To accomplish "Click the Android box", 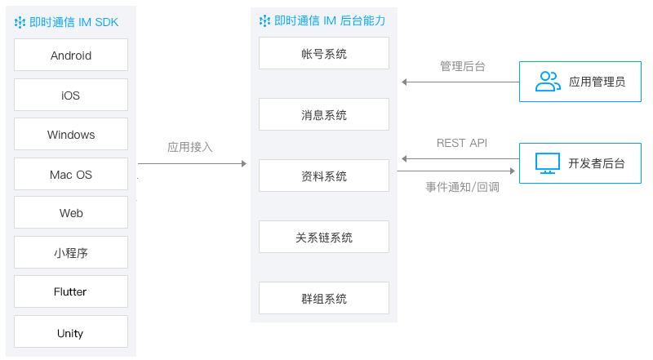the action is [71, 55].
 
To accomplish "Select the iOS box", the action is [71, 95].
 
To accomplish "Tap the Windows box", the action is [71, 134].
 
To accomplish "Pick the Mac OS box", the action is [71, 174].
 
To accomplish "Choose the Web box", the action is [71, 212].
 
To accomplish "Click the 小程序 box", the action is [71, 252].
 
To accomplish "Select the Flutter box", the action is [71, 291].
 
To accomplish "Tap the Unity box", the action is [71, 331].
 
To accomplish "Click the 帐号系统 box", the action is [324, 53].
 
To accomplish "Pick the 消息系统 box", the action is [324, 114].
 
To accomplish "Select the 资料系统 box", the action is [324, 176].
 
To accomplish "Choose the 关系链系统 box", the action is [324, 237].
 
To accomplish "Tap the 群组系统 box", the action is [324, 298].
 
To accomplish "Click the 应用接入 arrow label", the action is [190, 147].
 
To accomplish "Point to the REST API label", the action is [462, 144].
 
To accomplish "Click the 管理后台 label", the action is [463, 66].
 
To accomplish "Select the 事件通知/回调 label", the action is [462, 187].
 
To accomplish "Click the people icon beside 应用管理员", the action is [548, 82].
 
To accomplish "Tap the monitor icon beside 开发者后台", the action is [547, 163].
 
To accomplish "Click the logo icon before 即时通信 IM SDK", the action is [20, 23].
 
